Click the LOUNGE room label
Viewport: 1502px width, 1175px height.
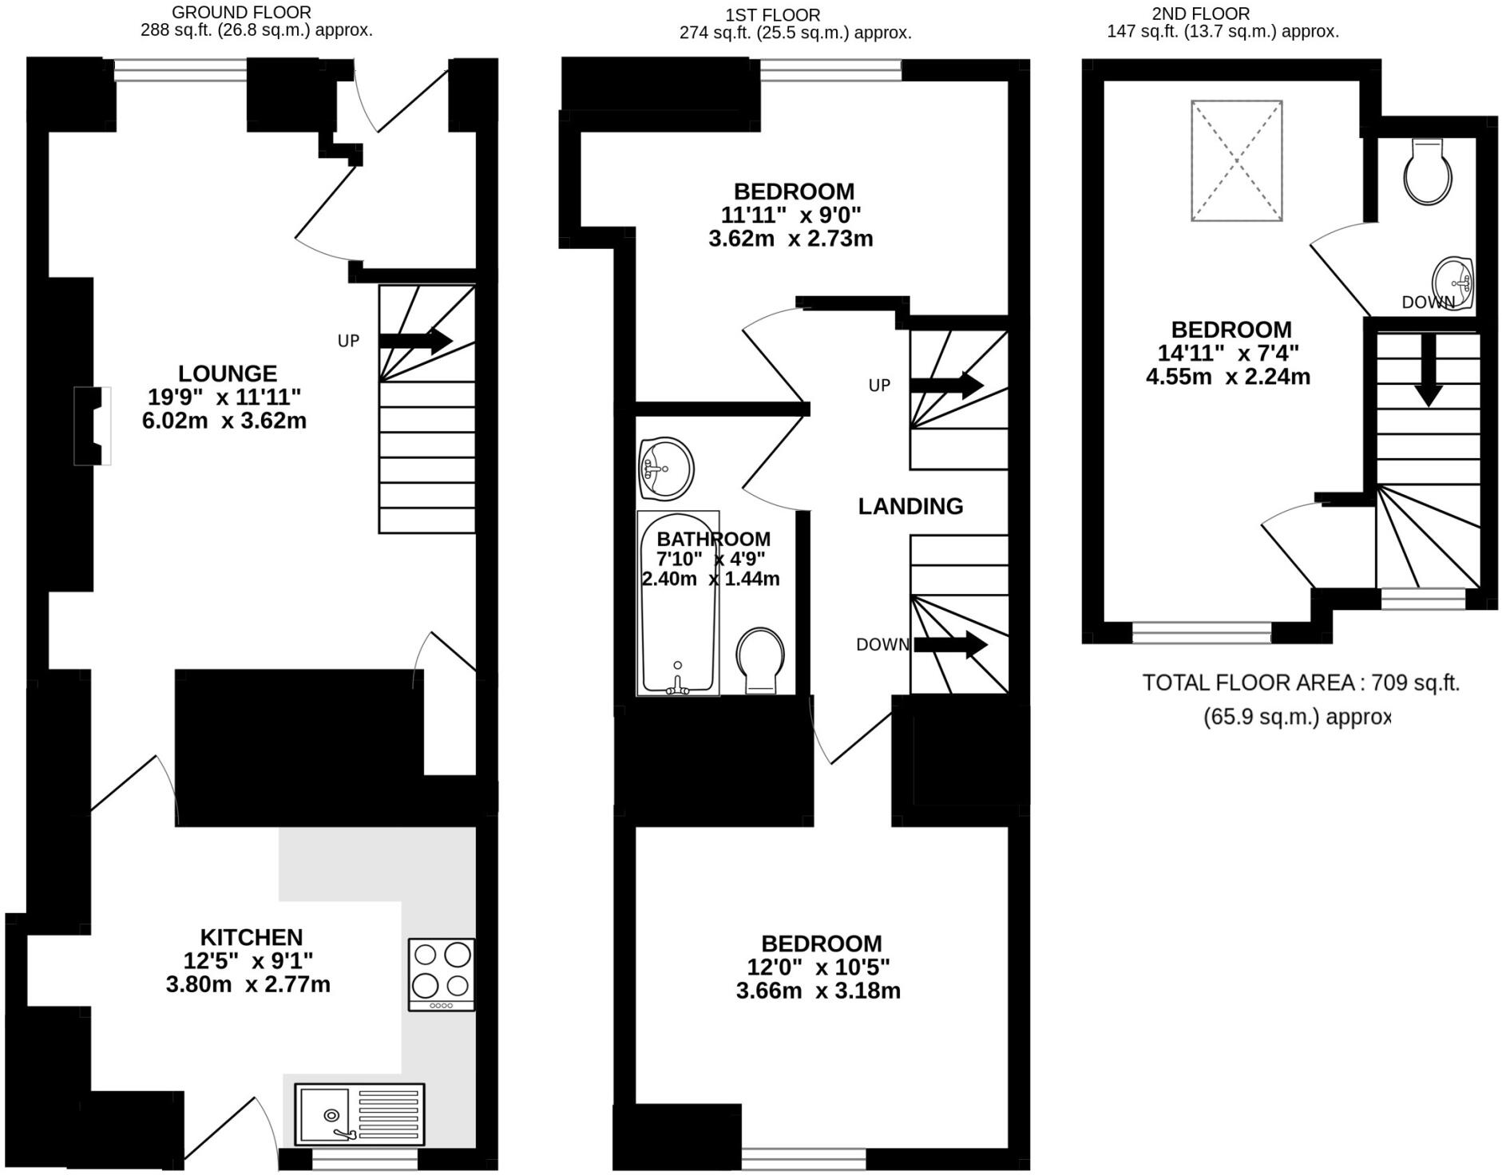click(227, 374)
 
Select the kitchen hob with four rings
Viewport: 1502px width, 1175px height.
click(441, 974)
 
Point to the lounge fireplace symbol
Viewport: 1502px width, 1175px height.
click(93, 425)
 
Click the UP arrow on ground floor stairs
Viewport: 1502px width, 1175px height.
click(415, 340)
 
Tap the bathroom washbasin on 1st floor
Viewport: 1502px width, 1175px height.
click(666, 468)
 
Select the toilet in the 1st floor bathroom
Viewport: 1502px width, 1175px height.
click(759, 659)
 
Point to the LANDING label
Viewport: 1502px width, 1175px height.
click(910, 506)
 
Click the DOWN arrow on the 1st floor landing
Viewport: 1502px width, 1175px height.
click(950, 644)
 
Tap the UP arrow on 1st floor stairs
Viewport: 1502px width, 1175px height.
click(946, 386)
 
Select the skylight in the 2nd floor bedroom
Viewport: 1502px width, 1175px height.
click(1236, 160)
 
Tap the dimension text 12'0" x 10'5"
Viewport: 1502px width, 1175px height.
click(818, 967)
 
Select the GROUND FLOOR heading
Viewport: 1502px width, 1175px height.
click(241, 13)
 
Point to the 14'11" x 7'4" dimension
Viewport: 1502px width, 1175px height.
click(1228, 353)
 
